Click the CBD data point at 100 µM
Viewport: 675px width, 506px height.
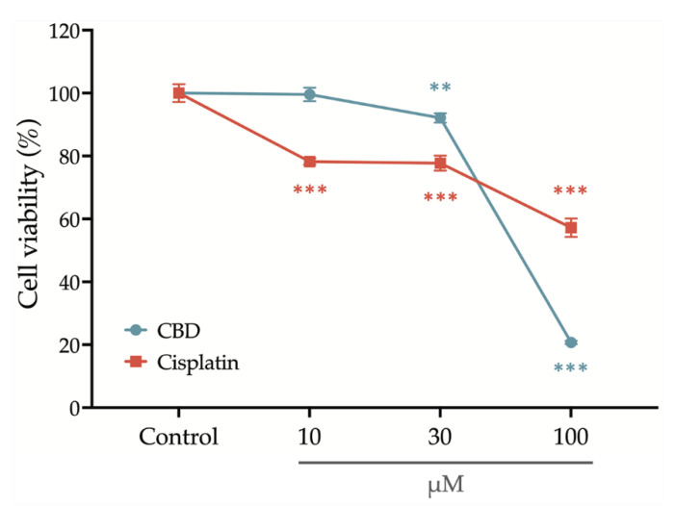(x=571, y=342)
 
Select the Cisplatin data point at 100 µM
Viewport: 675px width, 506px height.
(x=571, y=228)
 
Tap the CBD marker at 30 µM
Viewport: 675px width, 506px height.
(x=440, y=118)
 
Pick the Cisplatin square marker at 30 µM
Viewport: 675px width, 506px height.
(x=440, y=164)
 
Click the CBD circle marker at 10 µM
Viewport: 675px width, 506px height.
(x=309, y=94)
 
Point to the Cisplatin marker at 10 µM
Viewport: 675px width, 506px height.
(x=309, y=162)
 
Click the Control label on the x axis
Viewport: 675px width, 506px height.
(x=179, y=436)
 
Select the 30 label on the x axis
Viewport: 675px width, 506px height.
(x=440, y=436)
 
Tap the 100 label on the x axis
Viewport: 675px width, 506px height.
(x=571, y=436)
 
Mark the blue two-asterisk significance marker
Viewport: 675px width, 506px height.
(x=440, y=89)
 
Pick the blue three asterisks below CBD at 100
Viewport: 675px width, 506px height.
(x=571, y=368)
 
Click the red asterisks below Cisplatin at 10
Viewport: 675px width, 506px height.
(x=309, y=190)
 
